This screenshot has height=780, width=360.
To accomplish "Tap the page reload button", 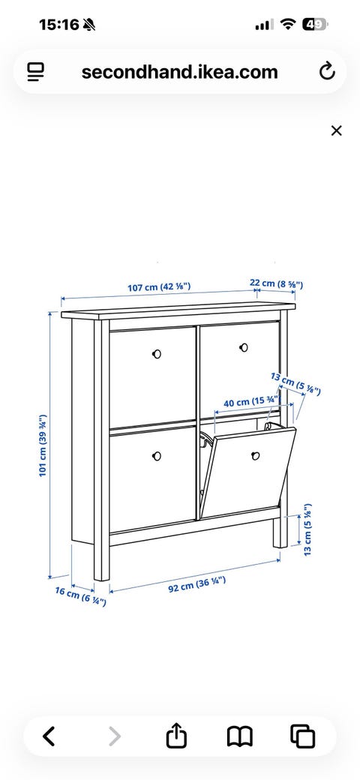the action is tap(327, 72).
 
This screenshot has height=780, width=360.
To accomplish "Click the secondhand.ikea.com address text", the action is tap(179, 72).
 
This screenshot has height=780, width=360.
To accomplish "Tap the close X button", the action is tap(337, 130).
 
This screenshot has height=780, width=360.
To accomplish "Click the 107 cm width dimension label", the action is tap(159, 287).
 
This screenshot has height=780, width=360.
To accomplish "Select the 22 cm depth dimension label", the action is tap(277, 284).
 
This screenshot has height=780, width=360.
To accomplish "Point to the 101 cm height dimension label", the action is tap(43, 445).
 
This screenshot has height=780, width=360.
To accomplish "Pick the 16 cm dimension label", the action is tap(80, 597).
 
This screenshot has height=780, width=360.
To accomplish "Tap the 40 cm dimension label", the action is tap(251, 402).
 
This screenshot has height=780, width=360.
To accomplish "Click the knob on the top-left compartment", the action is tap(157, 354).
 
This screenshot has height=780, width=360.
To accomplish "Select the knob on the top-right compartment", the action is tap(244, 347).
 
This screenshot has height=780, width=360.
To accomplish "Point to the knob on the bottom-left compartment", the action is tap(157, 456).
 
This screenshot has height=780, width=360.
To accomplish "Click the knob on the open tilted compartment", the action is tap(256, 455).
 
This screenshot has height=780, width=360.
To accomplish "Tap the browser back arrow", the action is tap(48, 736).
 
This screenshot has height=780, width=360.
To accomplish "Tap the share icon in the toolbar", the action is tap(176, 736).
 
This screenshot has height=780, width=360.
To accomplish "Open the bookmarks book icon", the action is tap(240, 736).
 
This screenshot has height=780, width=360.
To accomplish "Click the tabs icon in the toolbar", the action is tap(303, 736).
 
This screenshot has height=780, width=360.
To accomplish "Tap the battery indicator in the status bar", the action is tap(315, 24).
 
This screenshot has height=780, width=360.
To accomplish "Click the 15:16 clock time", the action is tap(58, 24).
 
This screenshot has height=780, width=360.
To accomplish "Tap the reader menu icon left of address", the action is tap(36, 72).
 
